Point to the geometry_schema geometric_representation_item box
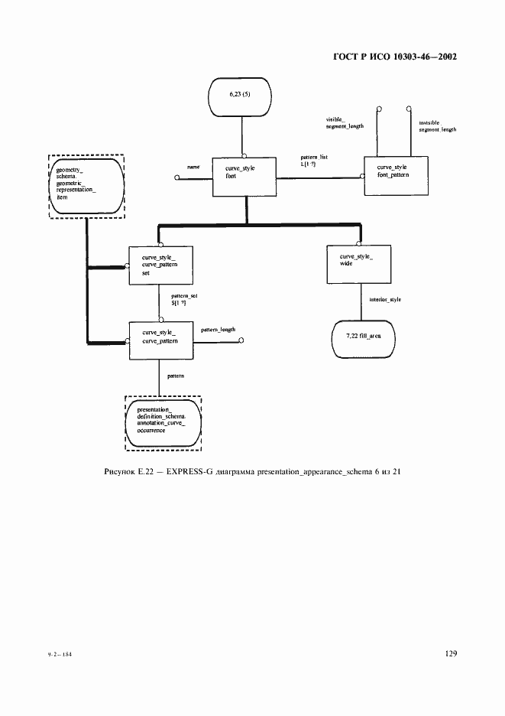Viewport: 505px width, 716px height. [x=84, y=185]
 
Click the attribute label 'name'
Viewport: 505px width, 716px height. [x=193, y=166]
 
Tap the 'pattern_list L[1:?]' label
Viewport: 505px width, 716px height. [x=314, y=161]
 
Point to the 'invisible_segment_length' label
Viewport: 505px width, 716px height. [x=437, y=126]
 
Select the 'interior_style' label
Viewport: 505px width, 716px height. [x=384, y=299]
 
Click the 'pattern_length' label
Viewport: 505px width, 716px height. [x=218, y=330]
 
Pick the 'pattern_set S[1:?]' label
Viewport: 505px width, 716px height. [x=177, y=300]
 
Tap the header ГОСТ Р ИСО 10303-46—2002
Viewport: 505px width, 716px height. [x=395, y=57]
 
